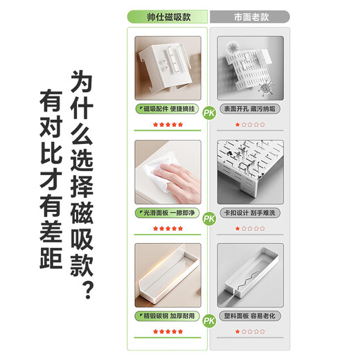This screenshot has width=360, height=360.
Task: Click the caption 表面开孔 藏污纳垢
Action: point(249,109)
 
